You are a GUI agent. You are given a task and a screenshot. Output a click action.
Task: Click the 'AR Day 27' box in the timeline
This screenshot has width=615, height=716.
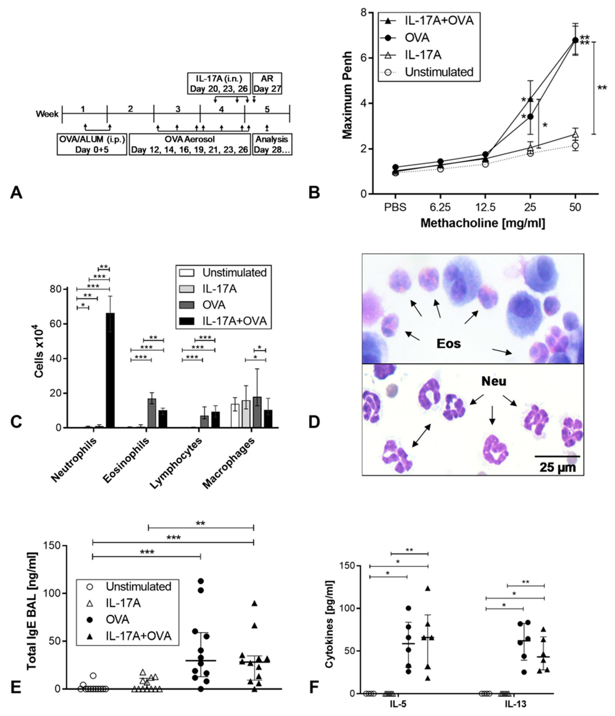tap(267, 83)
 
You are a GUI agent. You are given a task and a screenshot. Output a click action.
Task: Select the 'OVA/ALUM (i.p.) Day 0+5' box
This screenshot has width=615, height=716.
tap(92, 144)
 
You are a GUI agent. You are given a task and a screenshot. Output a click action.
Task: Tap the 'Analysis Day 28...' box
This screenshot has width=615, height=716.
tap(272, 144)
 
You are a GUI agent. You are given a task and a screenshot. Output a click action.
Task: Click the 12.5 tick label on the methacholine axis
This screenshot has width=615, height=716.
tap(485, 207)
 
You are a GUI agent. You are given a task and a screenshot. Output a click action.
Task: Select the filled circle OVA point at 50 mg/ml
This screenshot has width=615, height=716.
tap(575, 40)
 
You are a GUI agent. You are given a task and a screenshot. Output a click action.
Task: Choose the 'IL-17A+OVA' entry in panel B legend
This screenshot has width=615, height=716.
tap(439, 21)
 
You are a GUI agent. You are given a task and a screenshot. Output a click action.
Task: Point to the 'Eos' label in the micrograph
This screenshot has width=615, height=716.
tap(449, 343)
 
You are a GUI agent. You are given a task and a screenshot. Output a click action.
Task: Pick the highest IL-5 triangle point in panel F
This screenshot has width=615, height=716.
tap(428, 588)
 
